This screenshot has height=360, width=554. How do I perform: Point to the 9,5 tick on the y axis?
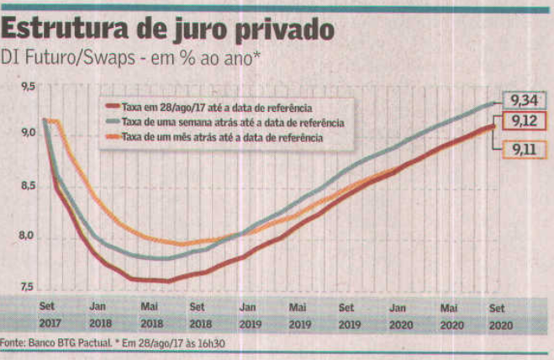[x=29, y=87]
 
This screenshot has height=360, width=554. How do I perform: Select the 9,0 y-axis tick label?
[x=29, y=134]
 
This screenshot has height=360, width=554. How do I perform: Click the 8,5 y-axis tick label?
[x=29, y=186]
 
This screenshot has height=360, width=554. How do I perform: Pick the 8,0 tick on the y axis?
[x=29, y=236]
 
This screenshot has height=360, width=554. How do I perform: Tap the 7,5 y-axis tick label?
[x=29, y=286]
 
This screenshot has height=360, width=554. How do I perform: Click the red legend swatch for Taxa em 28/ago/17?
[x=112, y=107]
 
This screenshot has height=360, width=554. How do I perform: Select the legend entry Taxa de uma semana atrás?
[x=227, y=122]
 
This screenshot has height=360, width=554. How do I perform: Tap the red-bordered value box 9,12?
[x=526, y=123]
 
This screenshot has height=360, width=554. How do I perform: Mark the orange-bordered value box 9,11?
[x=526, y=151]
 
